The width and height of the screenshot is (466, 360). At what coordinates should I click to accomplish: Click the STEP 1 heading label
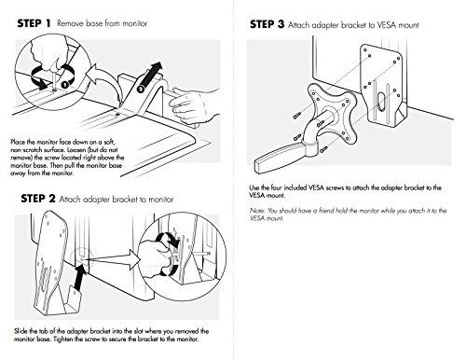point(34,23)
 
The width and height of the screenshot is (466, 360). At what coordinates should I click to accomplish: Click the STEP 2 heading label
point(38,199)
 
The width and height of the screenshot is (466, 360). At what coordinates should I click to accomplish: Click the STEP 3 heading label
point(267,24)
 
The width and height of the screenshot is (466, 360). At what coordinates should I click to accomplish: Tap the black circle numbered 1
point(64,84)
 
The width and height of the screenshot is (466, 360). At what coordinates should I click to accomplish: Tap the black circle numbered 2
point(141,89)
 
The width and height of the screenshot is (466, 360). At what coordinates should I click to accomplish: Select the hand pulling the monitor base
point(193,104)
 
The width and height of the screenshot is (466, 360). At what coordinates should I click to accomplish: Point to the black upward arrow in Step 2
point(80,277)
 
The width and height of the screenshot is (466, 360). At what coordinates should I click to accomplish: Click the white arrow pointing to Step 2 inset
point(114,260)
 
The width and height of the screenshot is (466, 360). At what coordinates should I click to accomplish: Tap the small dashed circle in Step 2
point(82,258)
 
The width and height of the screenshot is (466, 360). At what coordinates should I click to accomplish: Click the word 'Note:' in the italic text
point(257,211)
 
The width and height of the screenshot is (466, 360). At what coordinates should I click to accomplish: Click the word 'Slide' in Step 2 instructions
point(21,331)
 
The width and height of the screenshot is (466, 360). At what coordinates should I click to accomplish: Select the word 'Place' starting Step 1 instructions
point(18,142)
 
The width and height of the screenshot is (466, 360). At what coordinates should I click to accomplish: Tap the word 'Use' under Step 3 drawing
point(254,187)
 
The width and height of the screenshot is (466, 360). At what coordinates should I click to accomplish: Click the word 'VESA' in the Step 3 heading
point(387,25)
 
